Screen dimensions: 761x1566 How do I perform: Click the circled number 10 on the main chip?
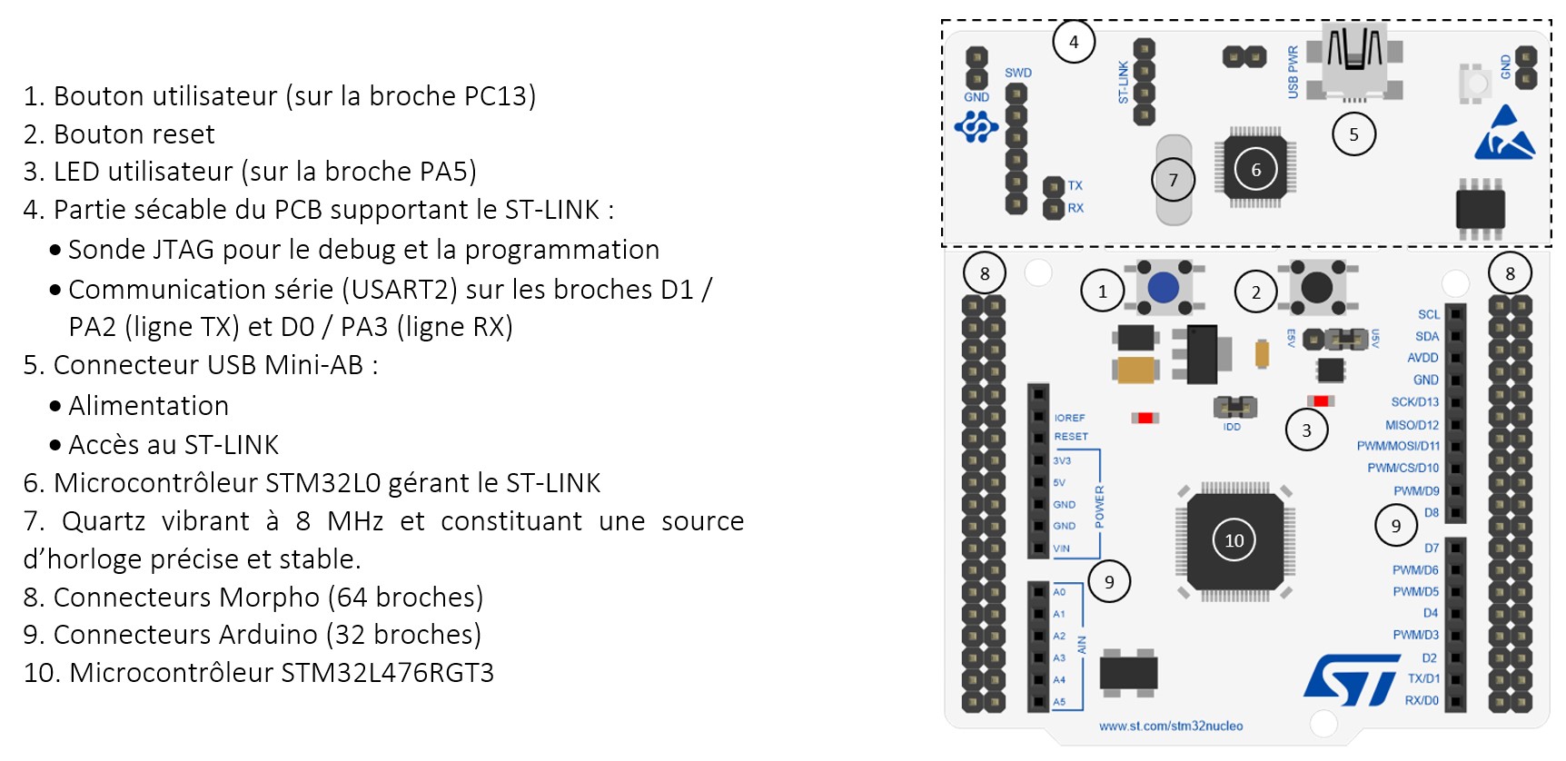click(1234, 540)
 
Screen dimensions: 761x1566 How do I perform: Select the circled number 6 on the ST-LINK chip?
click(1255, 170)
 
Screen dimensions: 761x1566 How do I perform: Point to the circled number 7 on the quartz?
click(1173, 180)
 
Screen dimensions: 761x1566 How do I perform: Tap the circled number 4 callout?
click(1074, 42)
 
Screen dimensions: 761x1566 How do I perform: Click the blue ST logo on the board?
click(1351, 680)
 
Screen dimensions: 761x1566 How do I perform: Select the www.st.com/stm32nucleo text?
click(1171, 726)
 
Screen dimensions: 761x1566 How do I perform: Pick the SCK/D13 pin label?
click(1414, 401)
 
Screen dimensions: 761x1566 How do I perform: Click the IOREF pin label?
click(1069, 418)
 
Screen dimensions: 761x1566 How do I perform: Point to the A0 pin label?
click(1059, 592)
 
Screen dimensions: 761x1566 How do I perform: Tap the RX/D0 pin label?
click(1422, 700)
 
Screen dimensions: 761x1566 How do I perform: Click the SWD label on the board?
click(1018, 73)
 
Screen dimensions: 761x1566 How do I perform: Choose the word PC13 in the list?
click(495, 95)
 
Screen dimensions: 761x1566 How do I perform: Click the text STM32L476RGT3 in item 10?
click(387, 673)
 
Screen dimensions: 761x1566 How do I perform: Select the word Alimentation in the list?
click(148, 405)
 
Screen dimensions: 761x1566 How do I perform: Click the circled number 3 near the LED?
click(1306, 430)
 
